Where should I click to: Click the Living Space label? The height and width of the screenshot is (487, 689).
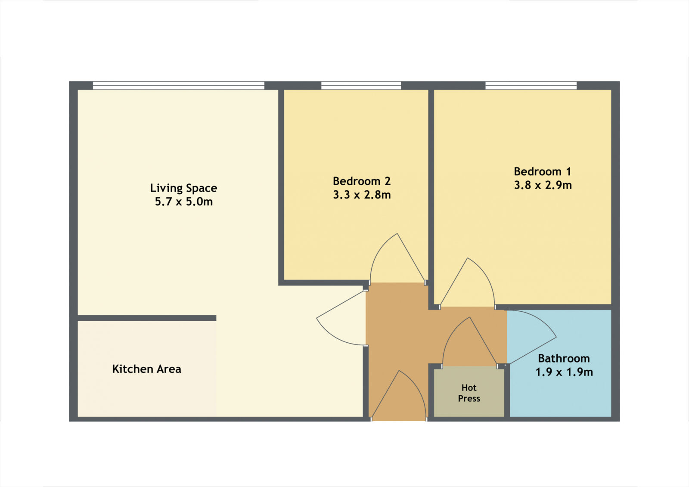(183, 188)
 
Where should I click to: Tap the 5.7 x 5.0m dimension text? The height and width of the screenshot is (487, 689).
(183, 202)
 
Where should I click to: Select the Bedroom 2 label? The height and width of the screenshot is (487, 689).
(362, 181)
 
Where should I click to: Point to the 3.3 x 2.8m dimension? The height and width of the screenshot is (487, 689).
(362, 195)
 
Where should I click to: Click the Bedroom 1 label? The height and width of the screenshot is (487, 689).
(543, 171)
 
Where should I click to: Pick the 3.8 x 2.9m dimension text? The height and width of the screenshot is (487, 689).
(543, 185)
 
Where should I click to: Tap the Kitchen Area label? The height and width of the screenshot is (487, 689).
(147, 369)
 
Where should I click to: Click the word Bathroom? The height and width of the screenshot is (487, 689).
(564, 358)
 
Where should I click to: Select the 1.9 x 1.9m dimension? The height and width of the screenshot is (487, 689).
(564, 372)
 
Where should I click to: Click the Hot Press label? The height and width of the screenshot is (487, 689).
(469, 393)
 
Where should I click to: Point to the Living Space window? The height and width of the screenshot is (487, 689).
(179, 86)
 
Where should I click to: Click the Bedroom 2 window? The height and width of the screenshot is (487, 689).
(361, 86)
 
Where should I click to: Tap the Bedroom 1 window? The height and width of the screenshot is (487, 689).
(531, 86)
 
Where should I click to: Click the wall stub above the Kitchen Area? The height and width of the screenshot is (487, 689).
(147, 318)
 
